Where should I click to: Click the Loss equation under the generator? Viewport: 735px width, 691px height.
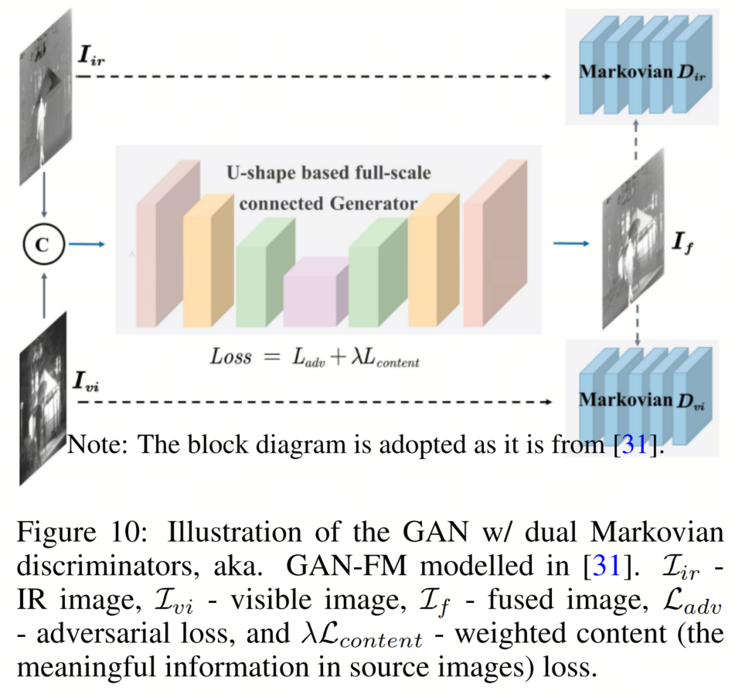(x=315, y=356)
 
